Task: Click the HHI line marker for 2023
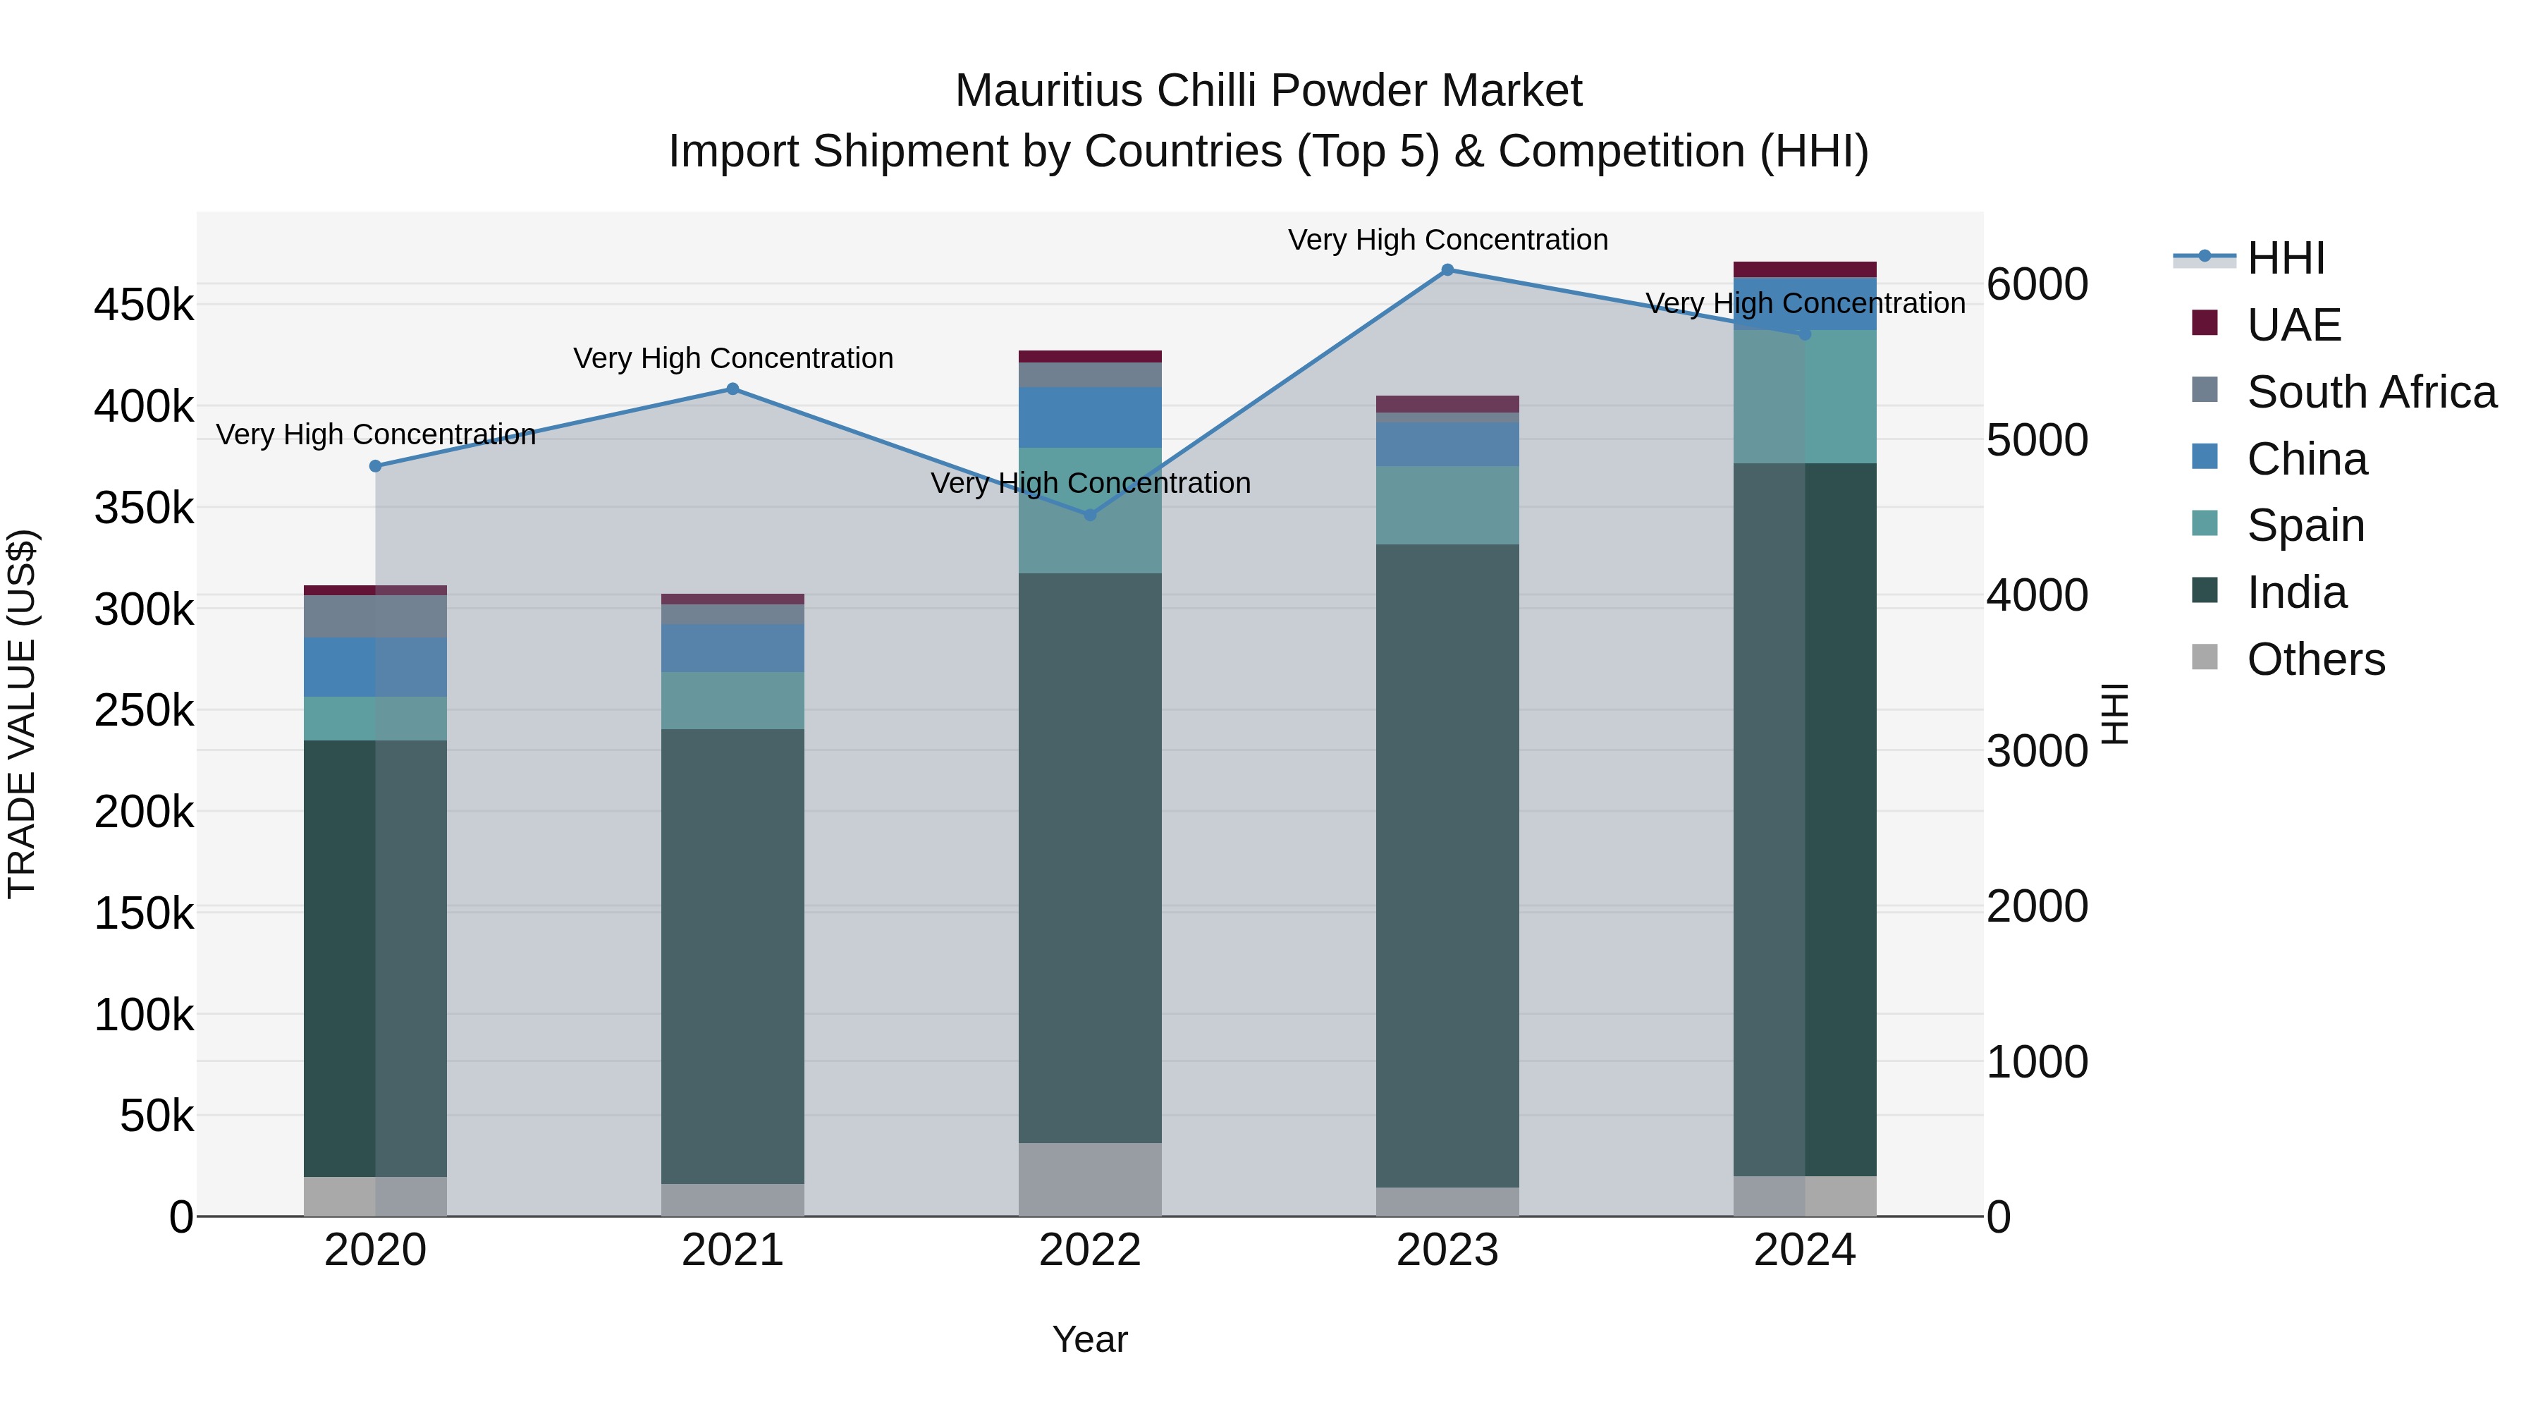[x=1447, y=270]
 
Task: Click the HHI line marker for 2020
[x=375, y=466]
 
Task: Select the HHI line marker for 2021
[x=732, y=389]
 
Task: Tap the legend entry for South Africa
[x=2370, y=392]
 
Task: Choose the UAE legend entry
[x=2293, y=325]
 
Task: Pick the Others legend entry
[x=2315, y=659]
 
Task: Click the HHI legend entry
[x=2285, y=258]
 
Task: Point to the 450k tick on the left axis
[x=144, y=305]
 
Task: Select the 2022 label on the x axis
[x=1090, y=1250]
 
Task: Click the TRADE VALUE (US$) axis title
[x=23, y=714]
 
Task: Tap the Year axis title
[x=1090, y=1339]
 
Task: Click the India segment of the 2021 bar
[x=732, y=956]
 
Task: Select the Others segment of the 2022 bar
[x=1090, y=1180]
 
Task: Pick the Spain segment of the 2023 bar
[x=1447, y=506]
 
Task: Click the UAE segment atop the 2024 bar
[x=1804, y=270]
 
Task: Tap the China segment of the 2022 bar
[x=1090, y=418]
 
